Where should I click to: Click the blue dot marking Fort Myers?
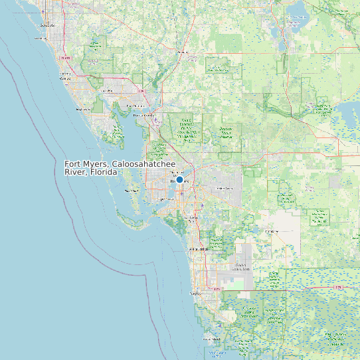click(179, 179)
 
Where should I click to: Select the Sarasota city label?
click(47, 25)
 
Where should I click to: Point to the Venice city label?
click(65, 78)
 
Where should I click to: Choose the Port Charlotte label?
click(135, 106)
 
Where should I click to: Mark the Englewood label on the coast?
click(83, 109)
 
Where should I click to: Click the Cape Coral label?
click(165, 199)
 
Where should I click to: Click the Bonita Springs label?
click(199, 249)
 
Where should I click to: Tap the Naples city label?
click(195, 292)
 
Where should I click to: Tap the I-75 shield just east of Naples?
click(217, 289)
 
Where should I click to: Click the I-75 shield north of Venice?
click(65, 58)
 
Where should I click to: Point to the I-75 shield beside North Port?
click(141, 91)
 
